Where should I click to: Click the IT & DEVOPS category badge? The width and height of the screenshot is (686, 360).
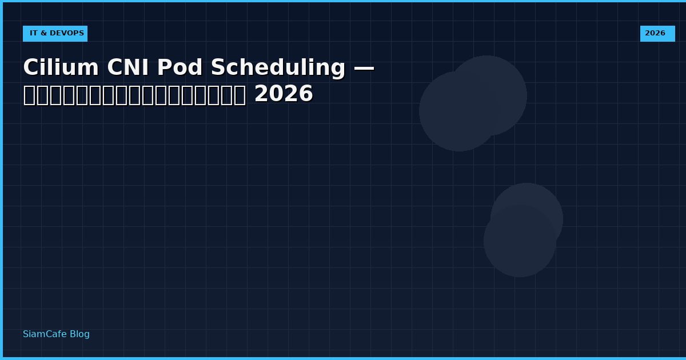click(55, 34)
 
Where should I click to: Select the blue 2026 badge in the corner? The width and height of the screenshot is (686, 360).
click(657, 34)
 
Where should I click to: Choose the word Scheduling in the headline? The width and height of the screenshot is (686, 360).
click(278, 68)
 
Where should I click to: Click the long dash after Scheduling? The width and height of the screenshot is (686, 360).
click(364, 68)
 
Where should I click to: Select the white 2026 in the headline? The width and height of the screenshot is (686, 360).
click(284, 94)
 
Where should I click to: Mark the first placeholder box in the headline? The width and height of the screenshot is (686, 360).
click(29, 95)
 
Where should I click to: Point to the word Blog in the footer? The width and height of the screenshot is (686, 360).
click(79, 334)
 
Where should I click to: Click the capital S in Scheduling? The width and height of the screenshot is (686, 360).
click(218, 68)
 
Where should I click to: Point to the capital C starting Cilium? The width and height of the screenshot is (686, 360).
click(30, 68)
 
